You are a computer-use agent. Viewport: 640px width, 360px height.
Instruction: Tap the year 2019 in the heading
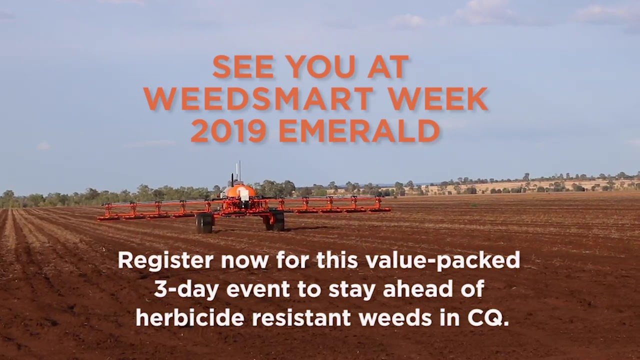(x=228, y=131)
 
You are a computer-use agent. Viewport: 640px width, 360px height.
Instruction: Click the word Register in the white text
(x=165, y=260)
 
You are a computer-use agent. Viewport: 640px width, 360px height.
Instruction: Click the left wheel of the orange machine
(x=204, y=223)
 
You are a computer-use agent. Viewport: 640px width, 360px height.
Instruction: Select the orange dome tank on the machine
(x=239, y=191)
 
